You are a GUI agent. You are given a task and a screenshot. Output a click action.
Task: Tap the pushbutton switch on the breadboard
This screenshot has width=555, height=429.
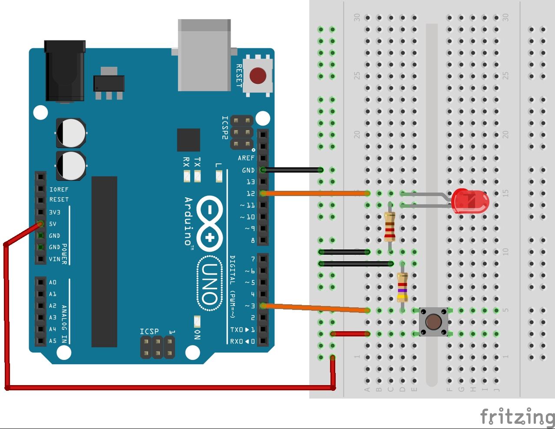point(433,322)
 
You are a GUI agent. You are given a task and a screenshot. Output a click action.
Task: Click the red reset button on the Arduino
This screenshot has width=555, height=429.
point(258,76)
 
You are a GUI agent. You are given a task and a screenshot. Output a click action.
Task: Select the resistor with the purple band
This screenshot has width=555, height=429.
point(402,287)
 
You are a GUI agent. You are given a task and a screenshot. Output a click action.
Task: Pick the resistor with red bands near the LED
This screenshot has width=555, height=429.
point(390,227)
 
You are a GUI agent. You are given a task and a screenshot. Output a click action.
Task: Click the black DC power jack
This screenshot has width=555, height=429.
point(65,72)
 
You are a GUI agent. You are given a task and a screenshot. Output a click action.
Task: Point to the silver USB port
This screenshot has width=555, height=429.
point(204,55)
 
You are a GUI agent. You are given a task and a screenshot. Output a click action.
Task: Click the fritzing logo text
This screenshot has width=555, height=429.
point(517,416)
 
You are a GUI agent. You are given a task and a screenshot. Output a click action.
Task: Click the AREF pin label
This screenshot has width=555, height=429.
point(246,158)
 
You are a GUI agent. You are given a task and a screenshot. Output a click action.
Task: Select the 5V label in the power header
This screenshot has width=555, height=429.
point(53,224)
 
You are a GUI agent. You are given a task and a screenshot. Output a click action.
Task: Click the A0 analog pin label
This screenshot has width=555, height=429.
point(53,283)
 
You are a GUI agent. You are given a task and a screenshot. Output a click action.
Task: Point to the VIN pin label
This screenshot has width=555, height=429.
point(55,259)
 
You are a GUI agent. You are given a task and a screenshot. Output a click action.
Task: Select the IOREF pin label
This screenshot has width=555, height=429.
point(59,190)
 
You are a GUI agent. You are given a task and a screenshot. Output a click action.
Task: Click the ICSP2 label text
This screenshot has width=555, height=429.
point(225,127)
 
